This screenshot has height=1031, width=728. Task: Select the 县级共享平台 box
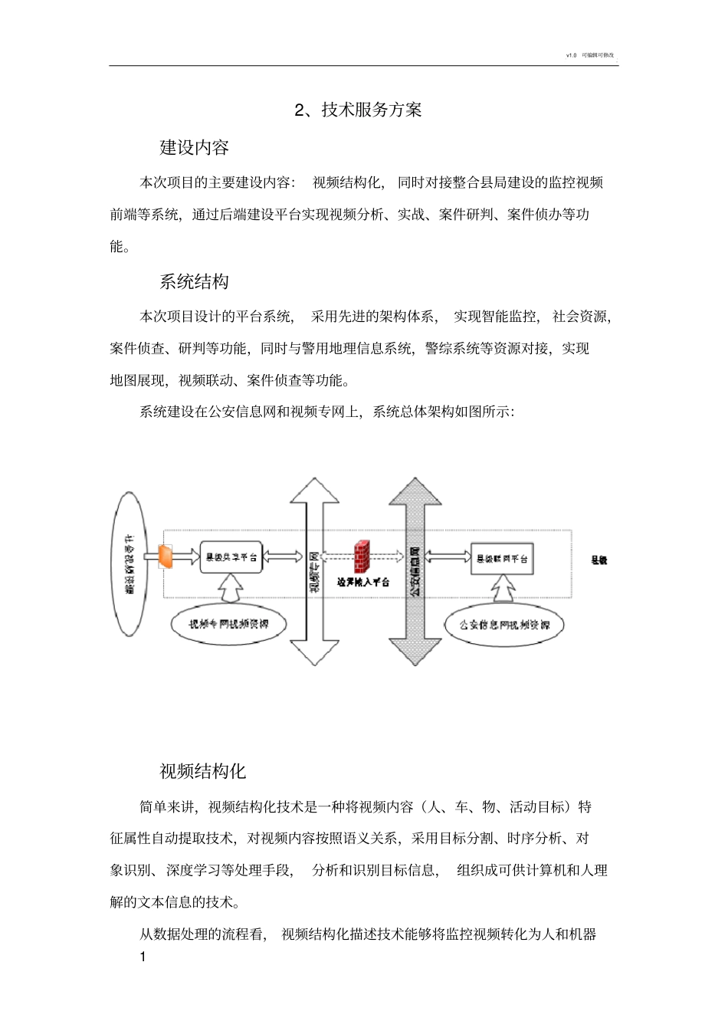231,557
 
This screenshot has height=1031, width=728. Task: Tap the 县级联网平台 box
502,558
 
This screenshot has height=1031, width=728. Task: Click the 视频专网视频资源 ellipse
229,624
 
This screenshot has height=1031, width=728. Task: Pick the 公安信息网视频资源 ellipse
504,625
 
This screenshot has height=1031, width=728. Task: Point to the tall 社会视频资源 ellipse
130,564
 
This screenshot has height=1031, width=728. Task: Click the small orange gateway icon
166,556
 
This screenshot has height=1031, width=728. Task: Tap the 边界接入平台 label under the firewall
363,582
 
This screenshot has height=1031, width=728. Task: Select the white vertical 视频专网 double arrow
314,571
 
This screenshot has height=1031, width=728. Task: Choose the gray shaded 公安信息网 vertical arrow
415,571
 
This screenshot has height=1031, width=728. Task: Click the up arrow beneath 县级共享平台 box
230,588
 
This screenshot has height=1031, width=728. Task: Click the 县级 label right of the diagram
599,560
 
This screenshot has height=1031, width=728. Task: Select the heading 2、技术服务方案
359,110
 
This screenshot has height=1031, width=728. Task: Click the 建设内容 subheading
194,147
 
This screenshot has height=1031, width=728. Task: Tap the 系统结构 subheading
194,281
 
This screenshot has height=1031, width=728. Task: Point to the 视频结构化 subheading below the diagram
202,771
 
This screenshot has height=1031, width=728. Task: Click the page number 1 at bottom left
143,957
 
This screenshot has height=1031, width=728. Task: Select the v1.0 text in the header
571,55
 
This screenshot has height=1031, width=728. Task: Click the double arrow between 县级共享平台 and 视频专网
284,557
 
